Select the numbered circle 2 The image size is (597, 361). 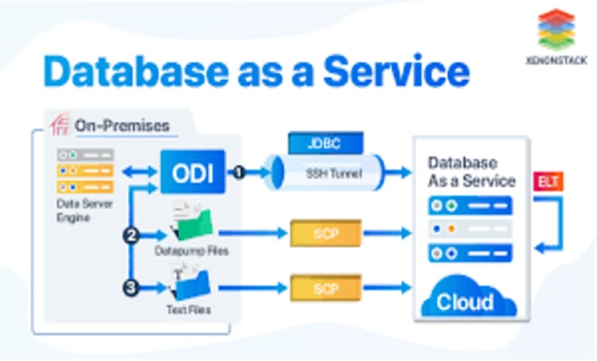131,235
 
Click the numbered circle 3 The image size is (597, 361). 131,286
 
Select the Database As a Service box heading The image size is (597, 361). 471,172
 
